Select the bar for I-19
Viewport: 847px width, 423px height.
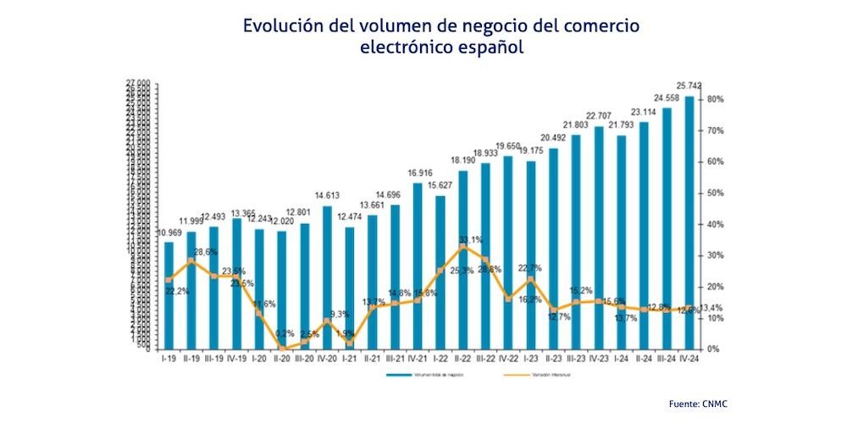pyautogui.click(x=169, y=295)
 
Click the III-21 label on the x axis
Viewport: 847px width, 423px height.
pyautogui.click(x=395, y=358)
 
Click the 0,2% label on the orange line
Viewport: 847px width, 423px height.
pyautogui.click(x=285, y=333)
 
